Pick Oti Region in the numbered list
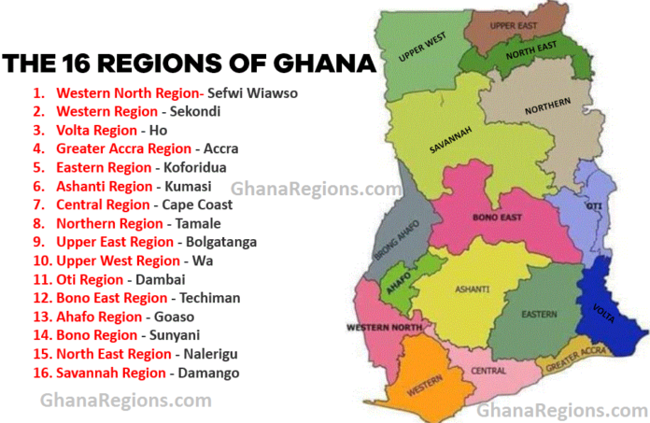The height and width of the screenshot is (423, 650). click(x=90, y=279)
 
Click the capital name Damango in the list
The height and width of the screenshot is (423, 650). click(x=205, y=373)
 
